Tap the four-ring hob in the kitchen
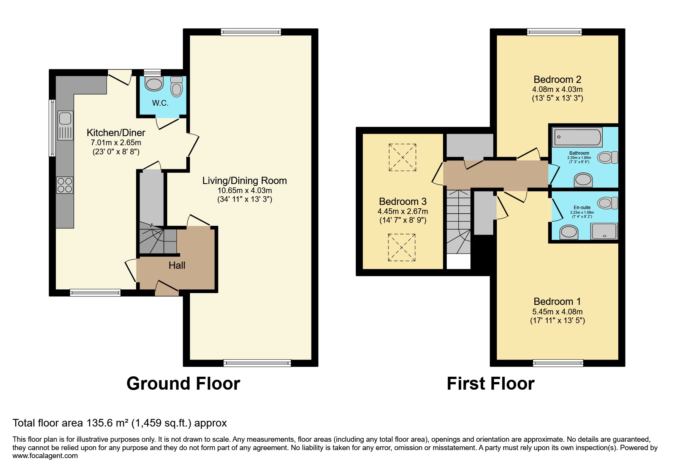[x=65, y=185]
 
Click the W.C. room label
[x=160, y=103]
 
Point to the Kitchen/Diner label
[x=116, y=133]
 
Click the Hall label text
[x=177, y=265]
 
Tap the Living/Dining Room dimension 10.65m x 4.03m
[x=244, y=190]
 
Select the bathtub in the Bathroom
[x=578, y=137]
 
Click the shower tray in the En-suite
[x=604, y=231]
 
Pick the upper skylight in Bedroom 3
[x=402, y=157]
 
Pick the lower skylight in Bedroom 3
[x=402, y=247]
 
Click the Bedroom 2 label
[x=557, y=79]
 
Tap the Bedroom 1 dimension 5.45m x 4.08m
[x=557, y=311]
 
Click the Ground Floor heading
[x=183, y=383]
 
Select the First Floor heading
[x=490, y=383]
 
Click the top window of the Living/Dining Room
[x=251, y=32]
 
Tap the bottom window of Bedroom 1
[x=558, y=363]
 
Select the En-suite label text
[x=582, y=208]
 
